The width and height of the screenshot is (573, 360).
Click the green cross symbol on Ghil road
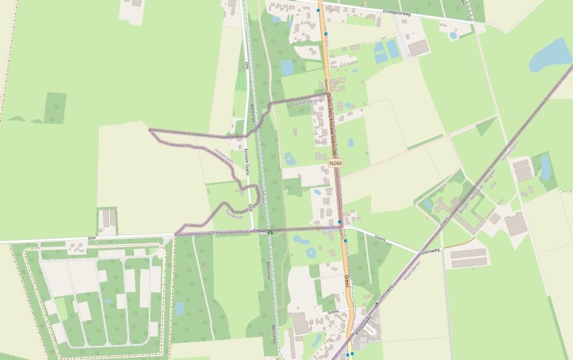tap(270, 232)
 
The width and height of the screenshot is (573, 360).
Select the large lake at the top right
tap(551, 55)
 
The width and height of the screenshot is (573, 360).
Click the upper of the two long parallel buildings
tap(469, 253)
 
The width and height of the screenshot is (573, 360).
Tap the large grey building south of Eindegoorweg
tap(418, 47)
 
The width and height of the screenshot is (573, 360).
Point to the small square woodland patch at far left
tap(55, 107)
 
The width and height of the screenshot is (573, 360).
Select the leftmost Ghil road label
tap(92, 238)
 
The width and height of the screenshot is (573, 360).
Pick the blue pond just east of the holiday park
tap(179, 309)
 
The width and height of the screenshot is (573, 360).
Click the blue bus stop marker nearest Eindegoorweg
tap(318, 11)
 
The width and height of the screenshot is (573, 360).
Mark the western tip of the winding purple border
tap(150, 130)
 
